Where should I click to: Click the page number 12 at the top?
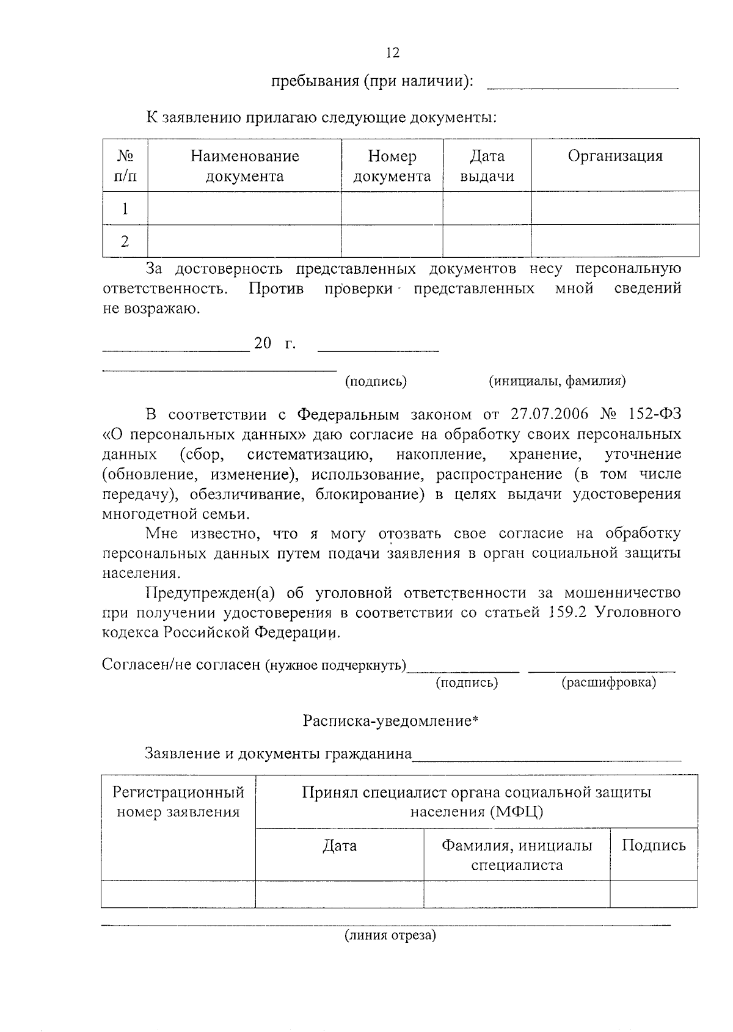[x=393, y=53]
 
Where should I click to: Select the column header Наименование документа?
[x=244, y=166]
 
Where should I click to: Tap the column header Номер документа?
[x=392, y=166]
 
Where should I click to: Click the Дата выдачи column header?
[x=487, y=166]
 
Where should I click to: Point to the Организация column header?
[x=614, y=156]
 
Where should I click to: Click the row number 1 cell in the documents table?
[x=125, y=209]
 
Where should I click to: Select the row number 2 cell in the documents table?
[x=125, y=241]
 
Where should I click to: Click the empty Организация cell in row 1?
[x=614, y=208]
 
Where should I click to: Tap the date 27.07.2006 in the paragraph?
[x=549, y=415]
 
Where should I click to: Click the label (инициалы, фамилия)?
[x=557, y=381]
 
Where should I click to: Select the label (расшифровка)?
[x=608, y=683]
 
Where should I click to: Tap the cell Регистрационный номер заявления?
[x=178, y=802]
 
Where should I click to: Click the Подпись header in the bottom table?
[x=654, y=846]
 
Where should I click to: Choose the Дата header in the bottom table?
[x=340, y=846]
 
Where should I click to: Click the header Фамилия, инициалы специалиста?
[x=517, y=855]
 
